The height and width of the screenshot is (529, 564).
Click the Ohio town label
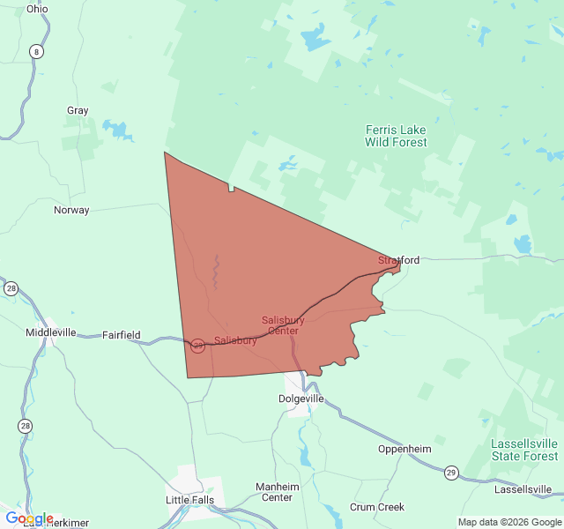click(x=37, y=9)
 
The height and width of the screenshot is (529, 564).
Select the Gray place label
click(x=78, y=111)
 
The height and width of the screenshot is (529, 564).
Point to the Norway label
click(x=71, y=210)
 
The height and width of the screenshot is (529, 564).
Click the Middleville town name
click(x=51, y=332)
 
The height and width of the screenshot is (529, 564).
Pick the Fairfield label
click(x=122, y=335)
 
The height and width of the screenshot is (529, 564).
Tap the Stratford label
click(x=398, y=260)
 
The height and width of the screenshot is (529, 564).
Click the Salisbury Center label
click(x=283, y=325)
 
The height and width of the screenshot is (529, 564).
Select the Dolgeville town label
click(x=301, y=399)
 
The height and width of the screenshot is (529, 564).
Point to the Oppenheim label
click(x=404, y=449)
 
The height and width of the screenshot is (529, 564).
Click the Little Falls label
click(x=189, y=500)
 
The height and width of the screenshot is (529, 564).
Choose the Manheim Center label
click(x=278, y=492)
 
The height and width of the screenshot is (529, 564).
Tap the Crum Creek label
click(x=377, y=507)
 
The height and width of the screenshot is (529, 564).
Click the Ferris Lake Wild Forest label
click(x=397, y=136)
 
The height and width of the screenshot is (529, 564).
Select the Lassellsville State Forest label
click(x=524, y=450)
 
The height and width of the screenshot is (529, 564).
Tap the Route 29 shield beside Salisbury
click(x=198, y=346)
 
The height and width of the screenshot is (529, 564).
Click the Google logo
click(x=29, y=518)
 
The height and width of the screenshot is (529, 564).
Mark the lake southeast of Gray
click(x=117, y=130)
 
